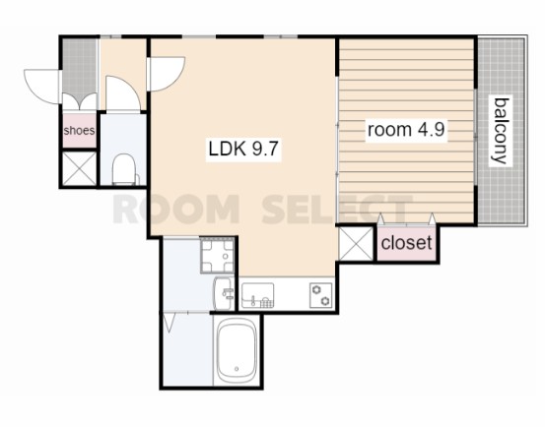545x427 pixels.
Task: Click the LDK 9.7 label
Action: click(243, 149)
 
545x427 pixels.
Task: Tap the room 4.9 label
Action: click(406, 130)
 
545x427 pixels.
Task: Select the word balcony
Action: click(501, 131)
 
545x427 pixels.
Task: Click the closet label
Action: click(406, 242)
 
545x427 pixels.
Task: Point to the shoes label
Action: click(79, 131)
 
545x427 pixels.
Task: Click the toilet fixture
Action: click(125, 169)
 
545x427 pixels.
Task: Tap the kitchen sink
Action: click(257, 295)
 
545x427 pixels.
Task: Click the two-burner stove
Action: click(320, 295)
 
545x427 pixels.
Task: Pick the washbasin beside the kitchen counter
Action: click(223, 293)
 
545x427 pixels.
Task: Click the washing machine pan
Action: click(218, 256)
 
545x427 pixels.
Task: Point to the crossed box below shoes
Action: click(80, 168)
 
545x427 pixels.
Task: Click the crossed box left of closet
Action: click(356, 243)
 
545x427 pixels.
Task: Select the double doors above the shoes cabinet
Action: click(79, 101)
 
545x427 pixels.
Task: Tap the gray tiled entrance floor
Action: click(79, 67)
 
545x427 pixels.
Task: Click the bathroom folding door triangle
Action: click(169, 323)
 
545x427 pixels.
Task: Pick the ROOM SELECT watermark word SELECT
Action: click(337, 210)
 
